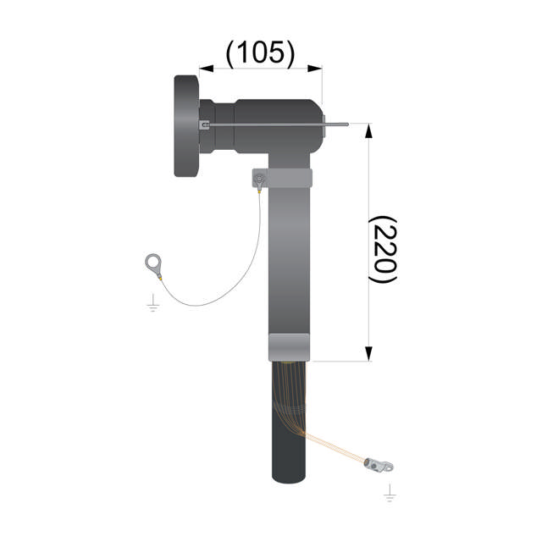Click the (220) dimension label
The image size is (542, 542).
[383, 249]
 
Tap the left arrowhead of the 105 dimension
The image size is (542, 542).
[207, 69]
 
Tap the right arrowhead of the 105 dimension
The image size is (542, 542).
[315, 69]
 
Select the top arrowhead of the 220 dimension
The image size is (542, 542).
[369, 130]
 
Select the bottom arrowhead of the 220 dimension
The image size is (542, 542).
[369, 354]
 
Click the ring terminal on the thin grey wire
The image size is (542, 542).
[153, 265]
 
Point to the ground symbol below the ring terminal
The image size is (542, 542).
[152, 303]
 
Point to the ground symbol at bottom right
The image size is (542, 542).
[390, 493]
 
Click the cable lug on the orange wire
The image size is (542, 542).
[379, 465]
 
